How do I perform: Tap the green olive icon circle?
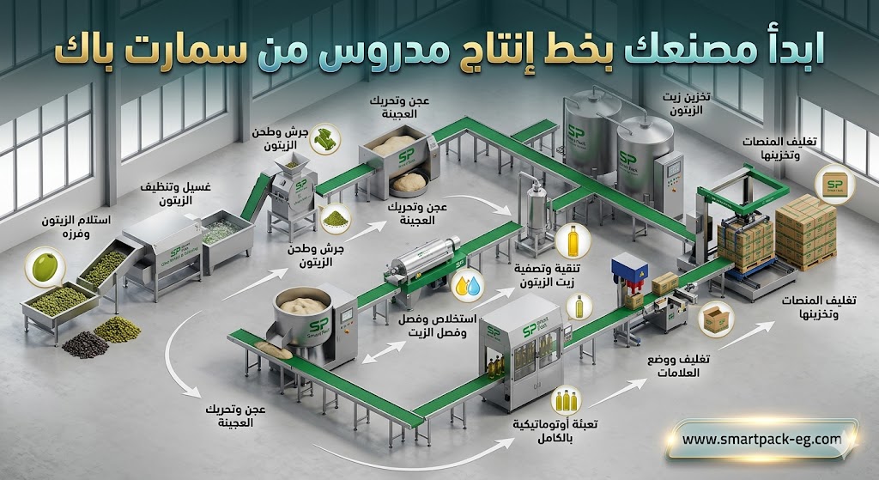(43, 266)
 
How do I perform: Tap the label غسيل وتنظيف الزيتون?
(169, 193)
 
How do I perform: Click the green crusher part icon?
(324, 141)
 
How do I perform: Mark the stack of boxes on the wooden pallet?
(805, 230)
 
